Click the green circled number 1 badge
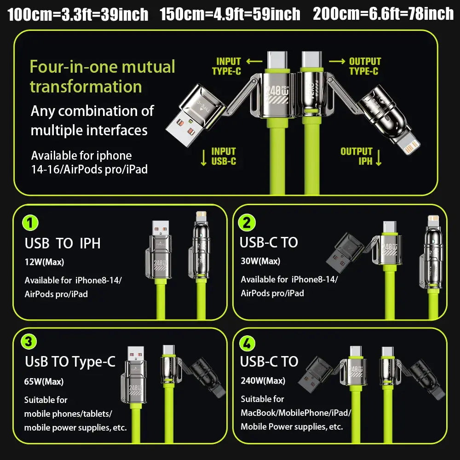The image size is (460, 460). tap(30, 223)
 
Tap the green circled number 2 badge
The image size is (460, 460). tap(247, 223)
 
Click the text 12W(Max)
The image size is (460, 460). tap(44, 262)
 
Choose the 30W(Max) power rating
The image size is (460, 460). tap(260, 261)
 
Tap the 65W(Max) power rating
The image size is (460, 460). tap(44, 381)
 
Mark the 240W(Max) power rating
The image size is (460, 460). tap(263, 380)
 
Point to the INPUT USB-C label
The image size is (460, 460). tap(224, 156)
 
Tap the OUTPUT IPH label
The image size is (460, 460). tap(356, 156)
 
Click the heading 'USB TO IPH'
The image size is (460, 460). tap(63, 243)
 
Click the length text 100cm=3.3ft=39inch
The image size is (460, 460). tap(78, 14)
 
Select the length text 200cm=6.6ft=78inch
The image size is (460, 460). tap(383, 14)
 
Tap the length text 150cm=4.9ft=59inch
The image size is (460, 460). tap(230, 14)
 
